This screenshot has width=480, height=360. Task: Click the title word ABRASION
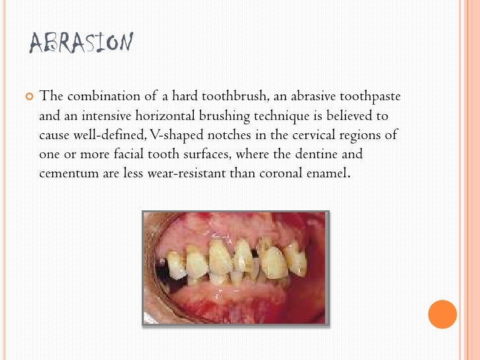pos(82,44)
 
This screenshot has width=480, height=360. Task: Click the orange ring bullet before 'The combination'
pos(28,97)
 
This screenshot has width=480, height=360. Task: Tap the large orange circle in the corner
pos(442,314)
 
